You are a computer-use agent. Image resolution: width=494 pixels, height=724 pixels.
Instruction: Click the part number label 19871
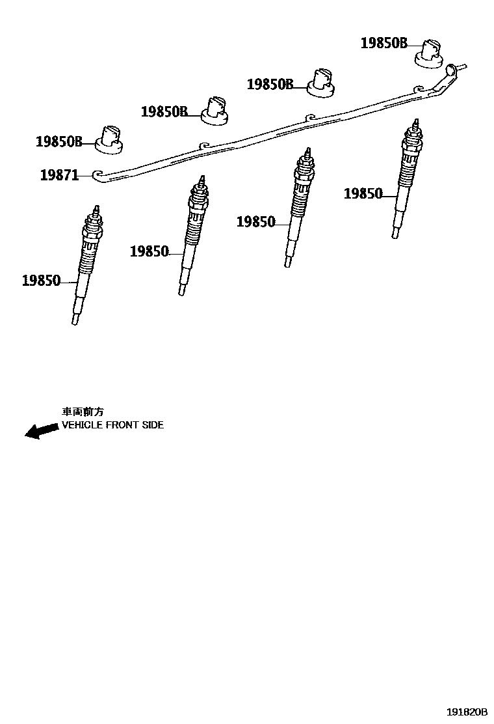click(x=59, y=174)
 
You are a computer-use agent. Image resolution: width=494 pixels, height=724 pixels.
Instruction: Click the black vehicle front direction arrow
click(x=40, y=431)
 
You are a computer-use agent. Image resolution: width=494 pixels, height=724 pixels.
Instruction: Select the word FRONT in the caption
click(x=122, y=425)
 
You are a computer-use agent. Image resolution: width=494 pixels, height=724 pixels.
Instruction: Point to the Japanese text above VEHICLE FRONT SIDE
click(x=83, y=412)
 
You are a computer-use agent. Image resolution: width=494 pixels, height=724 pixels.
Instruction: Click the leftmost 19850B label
click(x=58, y=141)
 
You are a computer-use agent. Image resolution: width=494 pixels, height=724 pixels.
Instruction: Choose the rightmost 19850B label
click(x=383, y=44)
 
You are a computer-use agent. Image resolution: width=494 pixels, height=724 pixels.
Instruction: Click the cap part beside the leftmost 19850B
click(x=110, y=139)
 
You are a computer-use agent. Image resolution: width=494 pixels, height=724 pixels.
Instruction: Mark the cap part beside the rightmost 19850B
click(x=430, y=52)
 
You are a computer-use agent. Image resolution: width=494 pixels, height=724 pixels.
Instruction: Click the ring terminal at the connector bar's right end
click(x=452, y=69)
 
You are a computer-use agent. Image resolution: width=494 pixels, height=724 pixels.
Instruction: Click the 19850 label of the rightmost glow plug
click(x=363, y=193)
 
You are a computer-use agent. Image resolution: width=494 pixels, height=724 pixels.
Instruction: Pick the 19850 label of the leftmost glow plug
click(x=41, y=281)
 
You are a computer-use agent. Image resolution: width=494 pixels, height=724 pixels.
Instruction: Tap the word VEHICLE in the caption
click(x=82, y=425)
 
